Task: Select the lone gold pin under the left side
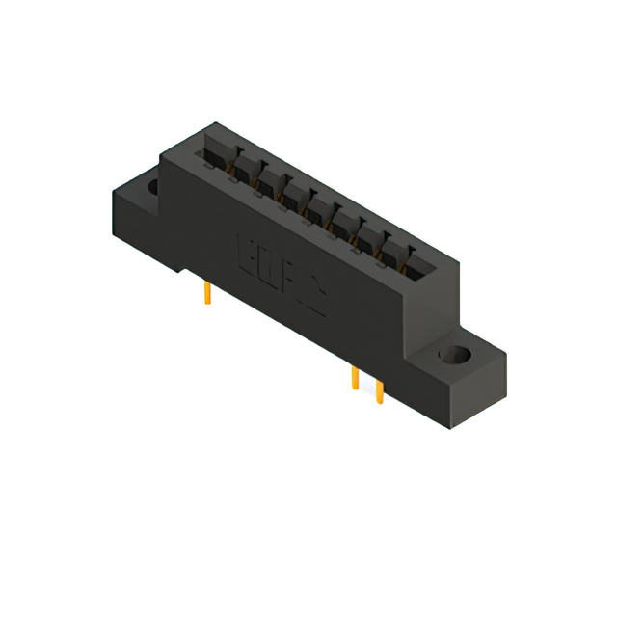point(206,292)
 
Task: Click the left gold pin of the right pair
point(355,379)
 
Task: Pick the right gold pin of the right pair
point(379,390)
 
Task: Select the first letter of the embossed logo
point(246,252)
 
